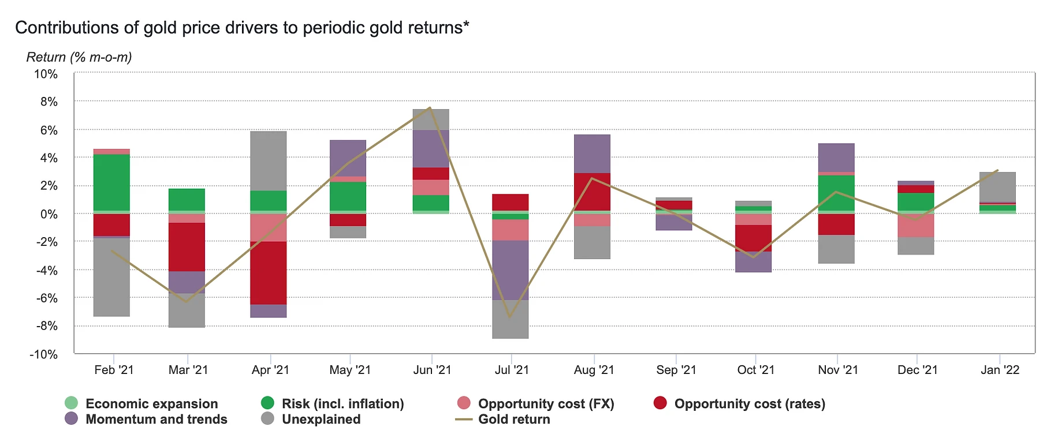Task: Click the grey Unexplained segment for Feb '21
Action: point(111,277)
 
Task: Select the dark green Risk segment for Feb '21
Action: point(111,182)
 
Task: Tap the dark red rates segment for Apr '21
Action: point(269,272)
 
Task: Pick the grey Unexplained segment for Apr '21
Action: point(269,160)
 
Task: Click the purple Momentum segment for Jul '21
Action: point(510,269)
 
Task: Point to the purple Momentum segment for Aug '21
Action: point(592,154)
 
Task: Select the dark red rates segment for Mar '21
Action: point(187,246)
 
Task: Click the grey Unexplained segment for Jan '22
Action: point(997,186)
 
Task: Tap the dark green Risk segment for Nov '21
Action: point(836,193)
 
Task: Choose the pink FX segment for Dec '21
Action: point(916,225)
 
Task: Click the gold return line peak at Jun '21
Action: point(430,108)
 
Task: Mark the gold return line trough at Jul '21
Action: point(510,317)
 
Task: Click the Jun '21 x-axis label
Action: point(432,370)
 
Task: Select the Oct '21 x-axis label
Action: point(755,370)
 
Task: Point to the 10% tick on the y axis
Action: point(46,74)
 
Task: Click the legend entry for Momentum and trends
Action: point(156,420)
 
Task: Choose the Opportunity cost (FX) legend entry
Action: point(546,404)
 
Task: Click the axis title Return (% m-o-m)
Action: point(79,57)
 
